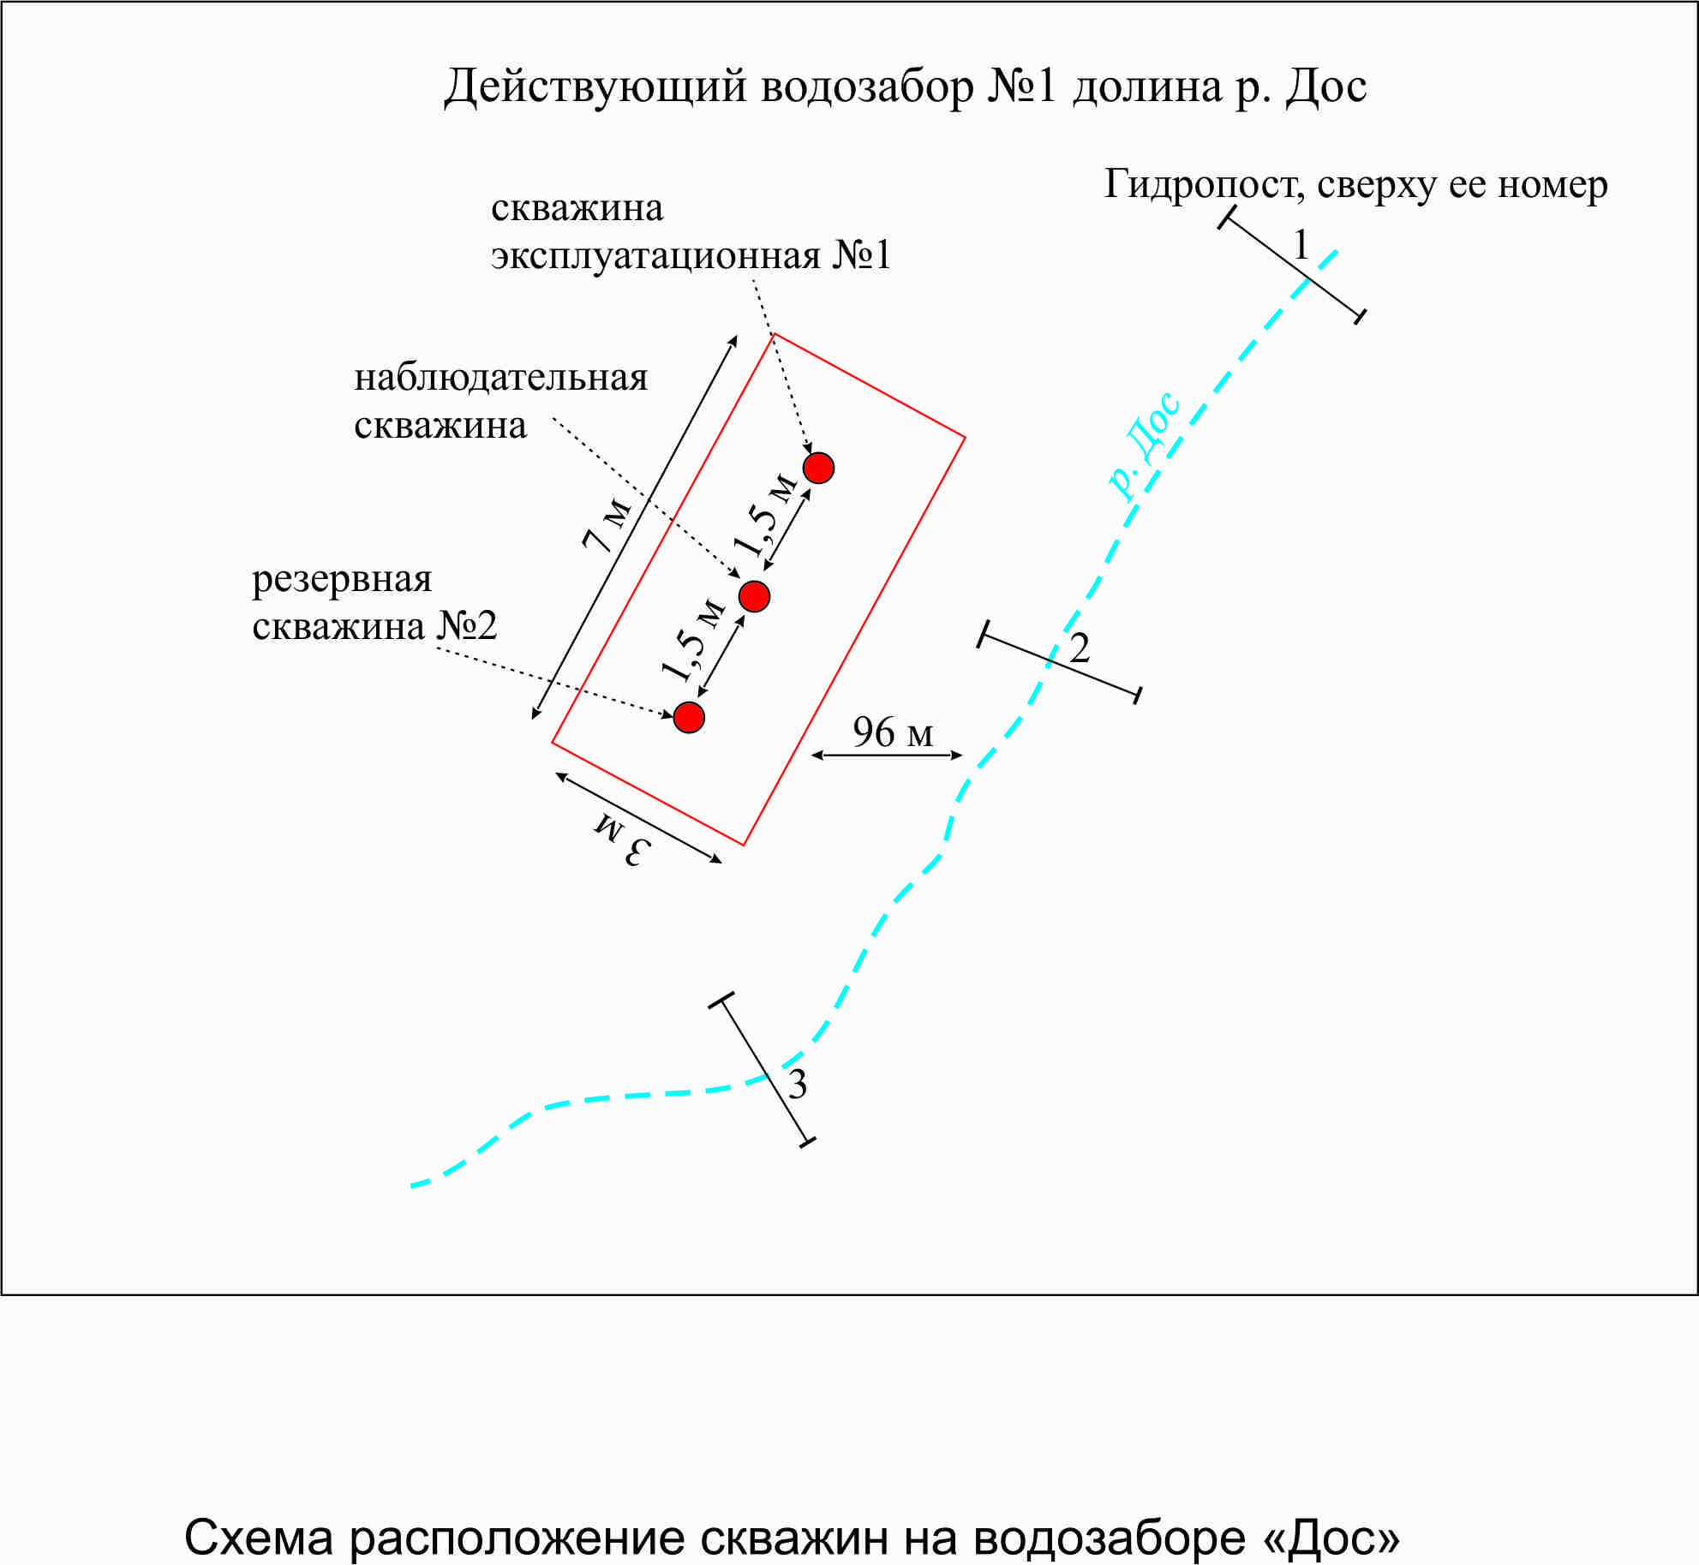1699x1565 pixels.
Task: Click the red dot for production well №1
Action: (x=818, y=468)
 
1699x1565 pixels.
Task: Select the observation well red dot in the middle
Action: (x=754, y=595)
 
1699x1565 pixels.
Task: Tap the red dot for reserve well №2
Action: (x=689, y=717)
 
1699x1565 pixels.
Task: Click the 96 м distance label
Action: (x=892, y=732)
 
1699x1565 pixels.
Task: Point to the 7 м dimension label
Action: (x=607, y=524)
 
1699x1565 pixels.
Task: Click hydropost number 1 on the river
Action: (x=1301, y=246)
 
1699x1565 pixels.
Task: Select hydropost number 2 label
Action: (x=1080, y=648)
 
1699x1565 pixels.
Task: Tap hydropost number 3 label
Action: (x=797, y=1084)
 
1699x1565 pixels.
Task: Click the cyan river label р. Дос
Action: (x=1145, y=445)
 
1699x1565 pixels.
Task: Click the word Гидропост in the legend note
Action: (x=1203, y=185)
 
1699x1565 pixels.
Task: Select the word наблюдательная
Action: (x=500, y=378)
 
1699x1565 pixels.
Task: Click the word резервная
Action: (x=342, y=580)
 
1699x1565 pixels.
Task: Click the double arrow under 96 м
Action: (x=887, y=756)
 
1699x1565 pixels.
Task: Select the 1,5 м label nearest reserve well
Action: (x=693, y=638)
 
